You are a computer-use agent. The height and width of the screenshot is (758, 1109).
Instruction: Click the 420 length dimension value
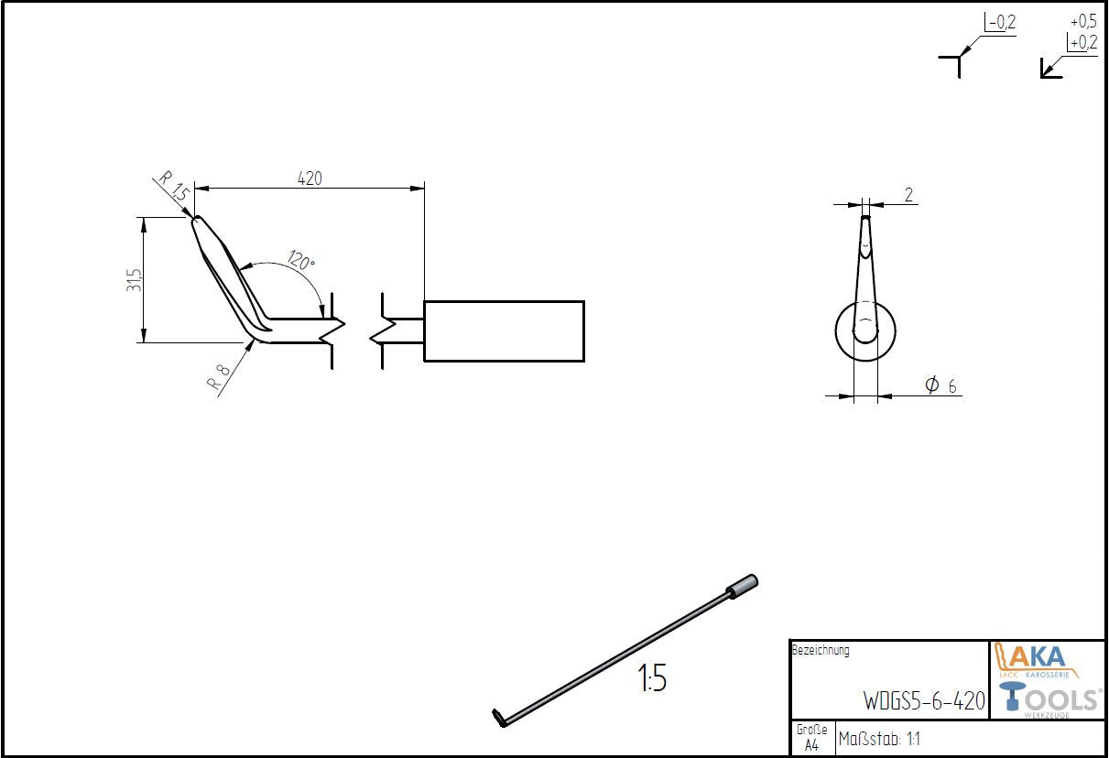(310, 179)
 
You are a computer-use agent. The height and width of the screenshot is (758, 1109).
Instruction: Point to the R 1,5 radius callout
(173, 189)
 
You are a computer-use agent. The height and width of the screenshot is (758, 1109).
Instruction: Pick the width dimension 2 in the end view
(908, 194)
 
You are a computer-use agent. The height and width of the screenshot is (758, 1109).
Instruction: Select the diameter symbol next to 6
(931, 385)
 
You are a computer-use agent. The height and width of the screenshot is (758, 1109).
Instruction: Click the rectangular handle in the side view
(504, 330)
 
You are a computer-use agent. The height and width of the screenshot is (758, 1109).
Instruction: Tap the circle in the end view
(865, 330)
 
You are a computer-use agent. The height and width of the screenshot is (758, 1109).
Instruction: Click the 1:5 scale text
(652, 679)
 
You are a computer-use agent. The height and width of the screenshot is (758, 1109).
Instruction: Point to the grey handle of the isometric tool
(743, 586)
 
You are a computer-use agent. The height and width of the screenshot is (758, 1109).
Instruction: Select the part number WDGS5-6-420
(924, 701)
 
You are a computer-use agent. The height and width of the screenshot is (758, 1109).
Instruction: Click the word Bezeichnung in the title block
(820, 651)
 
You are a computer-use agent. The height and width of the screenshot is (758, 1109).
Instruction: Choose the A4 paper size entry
(811, 746)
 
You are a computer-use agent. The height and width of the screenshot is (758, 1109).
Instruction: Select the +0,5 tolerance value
(1083, 21)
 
